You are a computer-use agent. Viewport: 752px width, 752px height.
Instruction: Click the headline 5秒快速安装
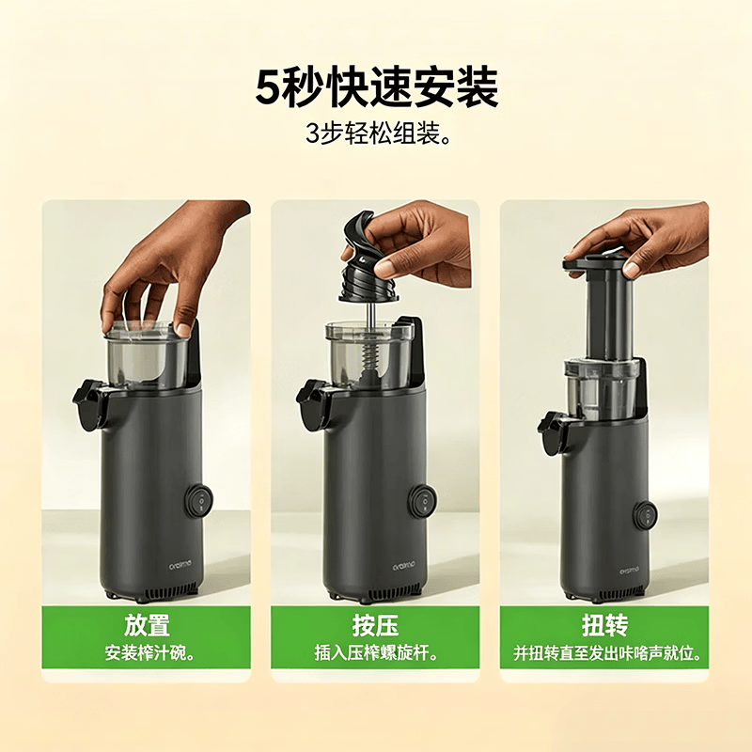pos(377,89)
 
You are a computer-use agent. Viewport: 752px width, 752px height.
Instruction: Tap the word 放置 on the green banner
pos(147,625)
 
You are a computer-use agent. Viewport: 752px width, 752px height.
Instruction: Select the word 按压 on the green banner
pos(375,625)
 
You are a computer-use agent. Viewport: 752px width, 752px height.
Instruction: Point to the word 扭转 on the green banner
pos(604,625)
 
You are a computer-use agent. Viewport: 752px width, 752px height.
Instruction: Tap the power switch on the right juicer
pos(646,516)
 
